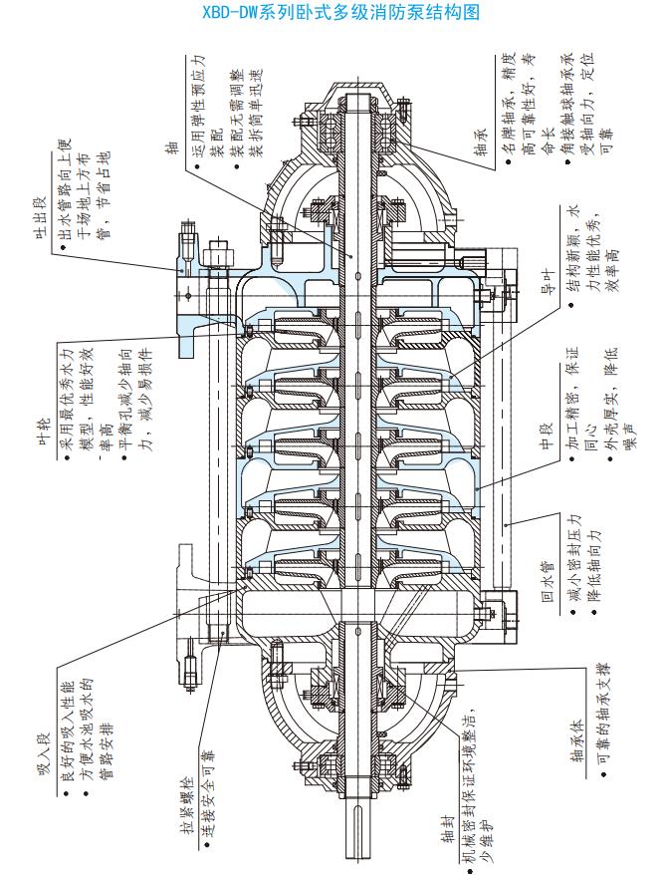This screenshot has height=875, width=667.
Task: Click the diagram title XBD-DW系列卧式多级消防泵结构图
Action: point(333,13)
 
